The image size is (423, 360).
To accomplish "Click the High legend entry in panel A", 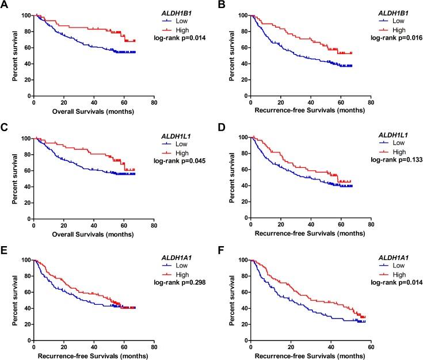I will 182,29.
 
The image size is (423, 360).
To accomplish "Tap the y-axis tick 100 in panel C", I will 25,139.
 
